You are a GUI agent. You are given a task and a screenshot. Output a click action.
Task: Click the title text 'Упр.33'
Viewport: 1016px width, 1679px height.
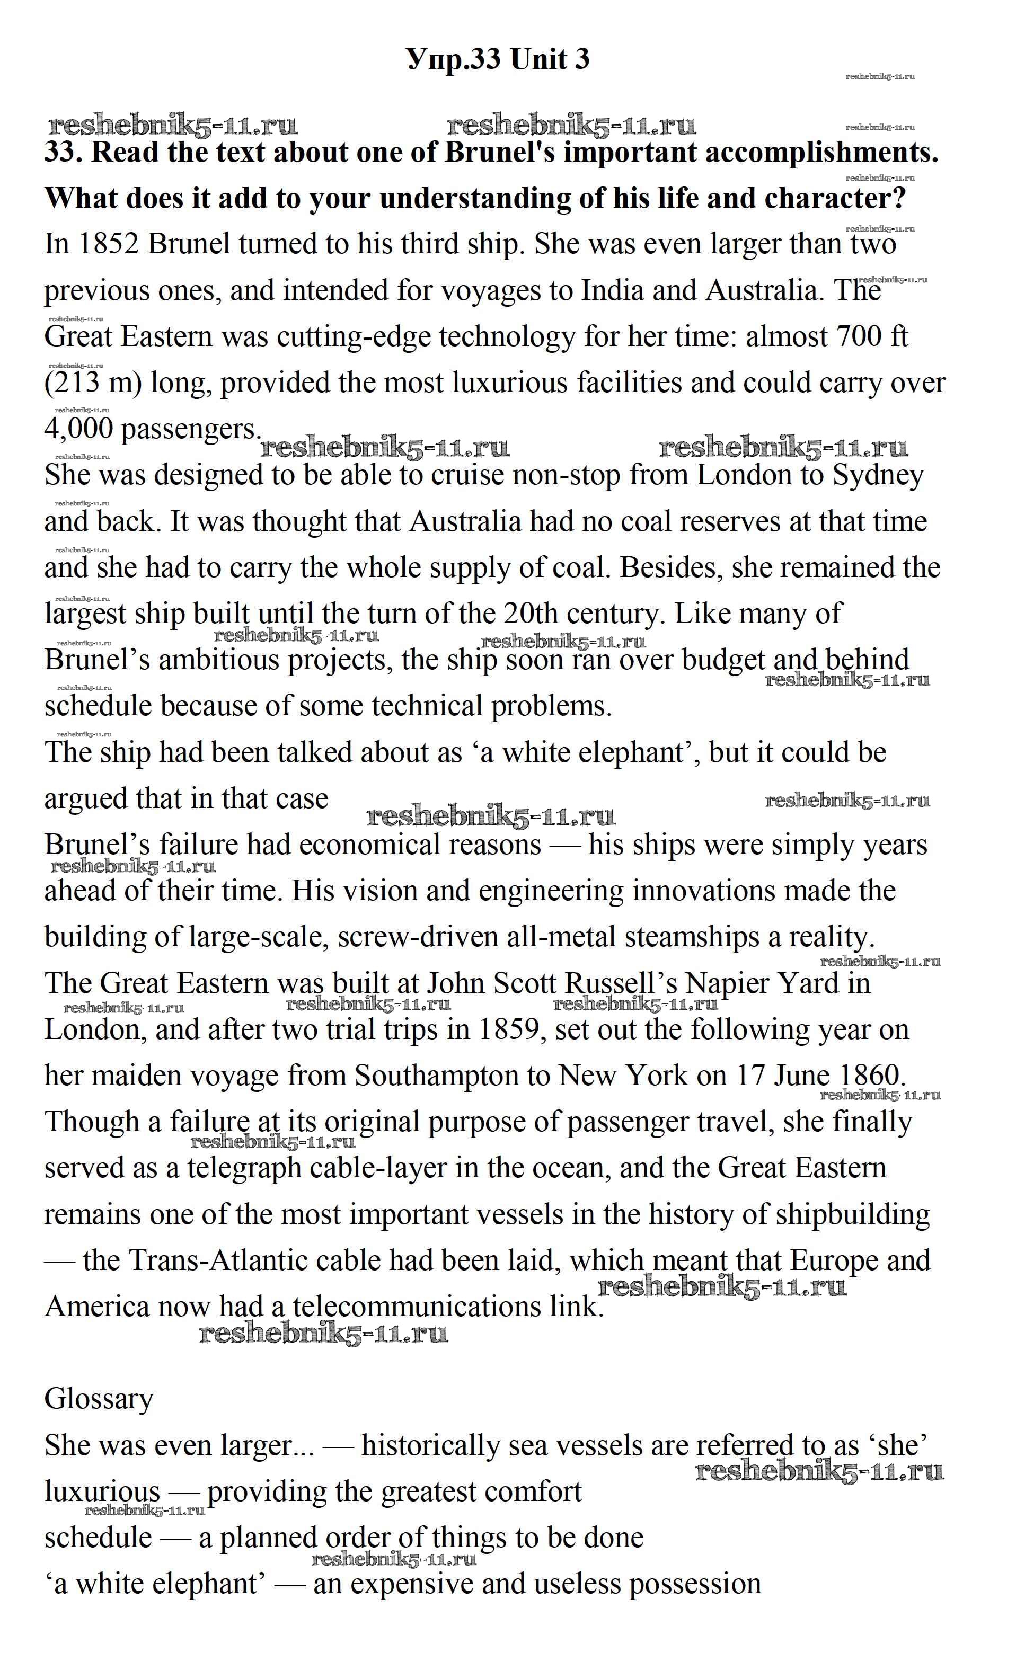coord(454,60)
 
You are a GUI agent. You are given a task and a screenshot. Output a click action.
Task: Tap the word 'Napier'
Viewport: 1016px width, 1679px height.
coord(727,983)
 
